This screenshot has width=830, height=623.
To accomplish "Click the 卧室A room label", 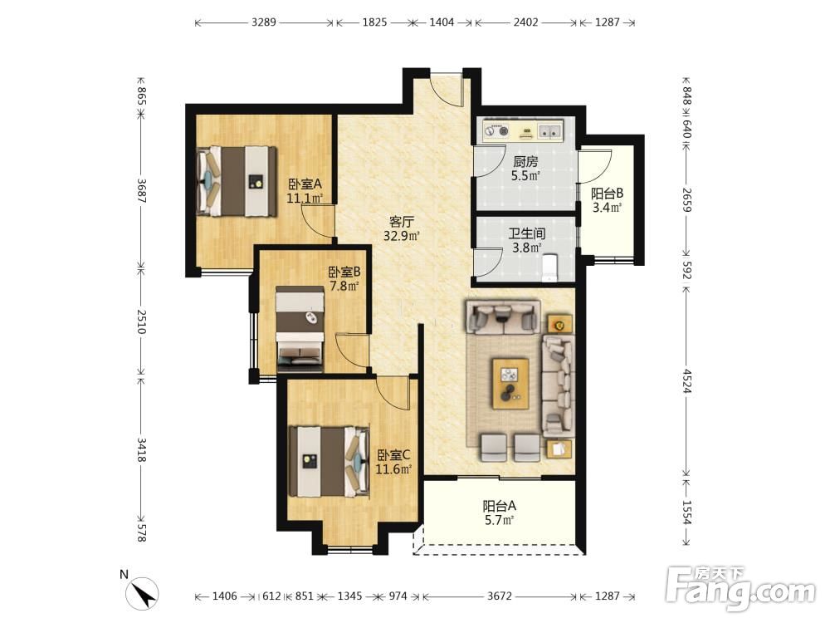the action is point(305,184).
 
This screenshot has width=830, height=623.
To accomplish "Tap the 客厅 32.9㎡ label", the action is point(402,228).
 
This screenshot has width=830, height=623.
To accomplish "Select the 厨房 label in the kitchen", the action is point(525,161).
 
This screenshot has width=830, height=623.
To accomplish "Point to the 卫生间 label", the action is point(526,233).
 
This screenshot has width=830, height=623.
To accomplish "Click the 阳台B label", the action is point(607,194).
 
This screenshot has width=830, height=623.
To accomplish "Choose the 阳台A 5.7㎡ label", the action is point(499,513).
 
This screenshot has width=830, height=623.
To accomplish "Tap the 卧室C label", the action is point(393,454).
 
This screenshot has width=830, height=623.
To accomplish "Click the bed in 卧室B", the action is point(300,326).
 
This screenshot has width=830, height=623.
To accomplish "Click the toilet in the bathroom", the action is point(550,267).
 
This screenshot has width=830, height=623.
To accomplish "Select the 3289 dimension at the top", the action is point(264,22).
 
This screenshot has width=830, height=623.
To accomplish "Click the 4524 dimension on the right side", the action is point(686,381).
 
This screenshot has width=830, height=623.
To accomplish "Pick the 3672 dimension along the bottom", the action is point(500,596).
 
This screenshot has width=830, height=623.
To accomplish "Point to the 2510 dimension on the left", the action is point(141,321).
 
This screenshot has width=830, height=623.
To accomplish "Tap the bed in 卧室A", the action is point(236,180).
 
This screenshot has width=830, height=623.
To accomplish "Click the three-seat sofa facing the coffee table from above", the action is point(502,316).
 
